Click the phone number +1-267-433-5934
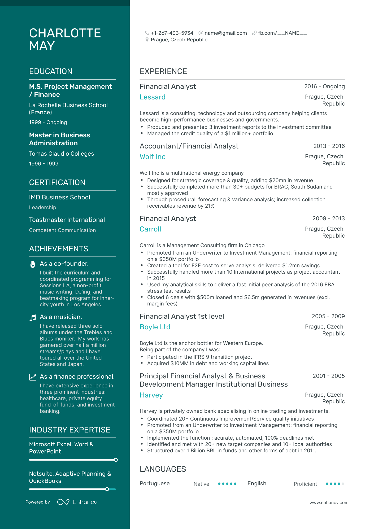(172, 33)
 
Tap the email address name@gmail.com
(225, 33)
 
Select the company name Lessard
(153, 97)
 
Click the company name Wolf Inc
(153, 157)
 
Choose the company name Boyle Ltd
(155, 327)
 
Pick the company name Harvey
(151, 395)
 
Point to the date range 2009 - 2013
(328, 218)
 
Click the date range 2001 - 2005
(328, 376)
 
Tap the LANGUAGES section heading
(163, 469)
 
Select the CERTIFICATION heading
(57, 183)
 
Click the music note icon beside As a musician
(33, 318)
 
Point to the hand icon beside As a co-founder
(33, 264)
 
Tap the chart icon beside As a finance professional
(33, 377)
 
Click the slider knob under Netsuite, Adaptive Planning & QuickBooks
(107, 489)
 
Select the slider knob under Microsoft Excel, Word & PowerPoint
(116, 460)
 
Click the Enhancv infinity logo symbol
(63, 502)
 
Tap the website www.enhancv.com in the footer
(329, 502)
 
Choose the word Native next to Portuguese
(201, 484)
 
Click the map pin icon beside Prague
(147, 40)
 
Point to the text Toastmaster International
(67, 220)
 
